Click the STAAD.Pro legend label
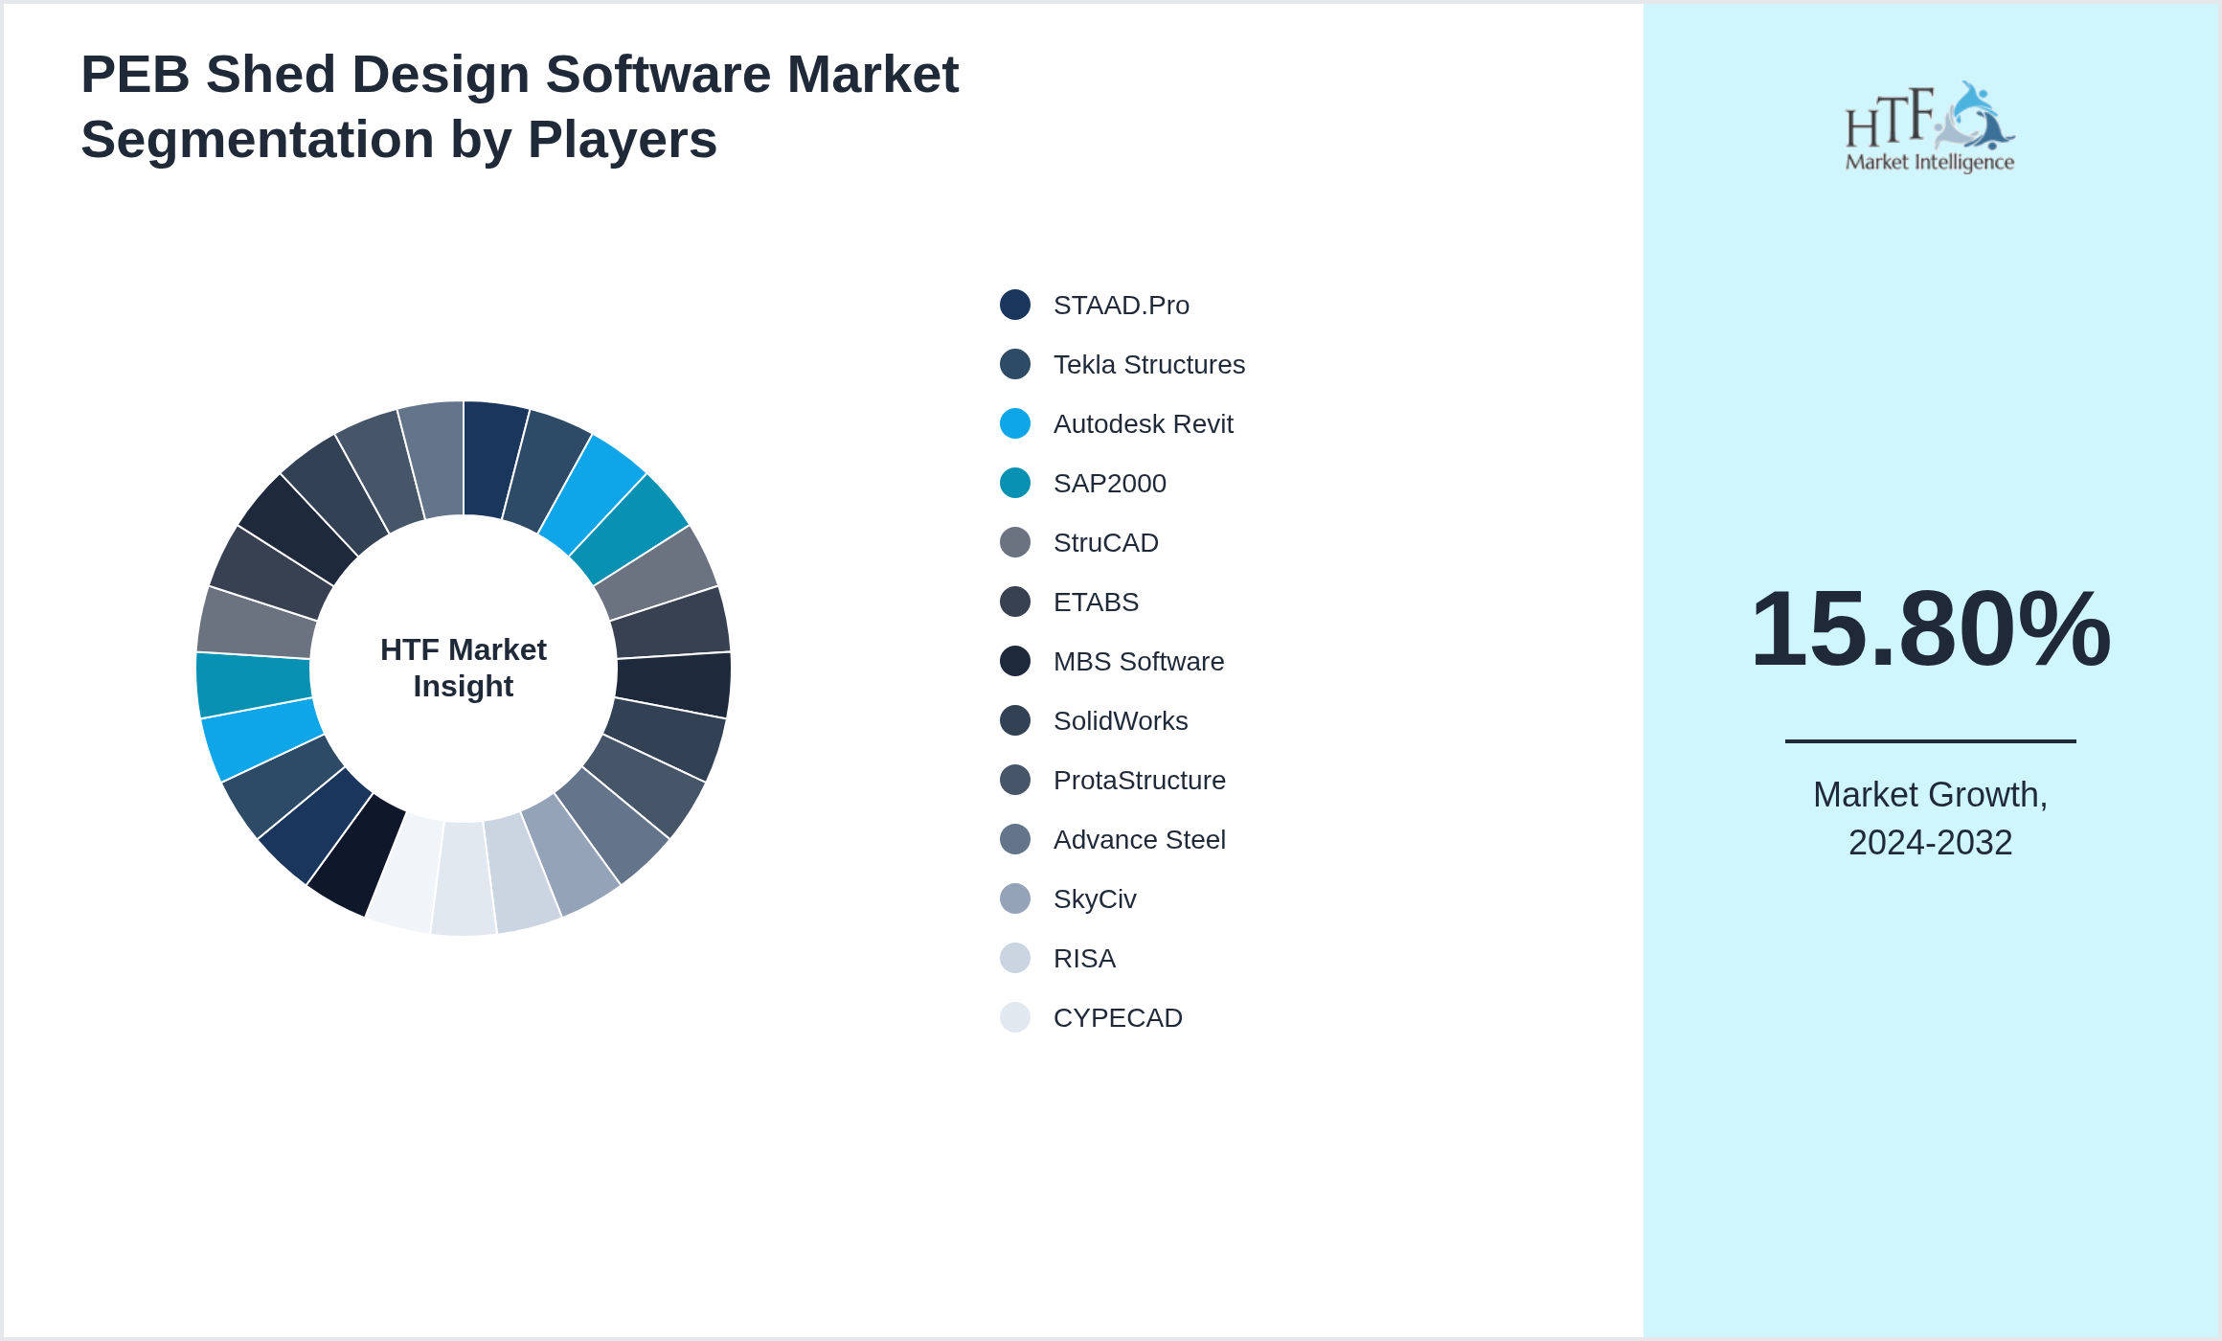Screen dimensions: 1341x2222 (1121, 306)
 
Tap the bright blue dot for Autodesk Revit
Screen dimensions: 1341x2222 (1015, 423)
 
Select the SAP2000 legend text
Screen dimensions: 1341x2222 (1109, 484)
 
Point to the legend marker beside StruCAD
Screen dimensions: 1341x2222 (1015, 542)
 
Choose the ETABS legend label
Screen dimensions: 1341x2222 (1096, 602)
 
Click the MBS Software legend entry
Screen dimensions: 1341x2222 (1138, 662)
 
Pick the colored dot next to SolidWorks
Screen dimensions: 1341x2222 (1015, 720)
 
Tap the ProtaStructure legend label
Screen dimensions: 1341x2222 (1139, 781)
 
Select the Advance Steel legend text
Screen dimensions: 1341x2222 (1139, 840)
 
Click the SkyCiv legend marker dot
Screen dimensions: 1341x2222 (1015, 898)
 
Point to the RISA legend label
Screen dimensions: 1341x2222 (1084, 959)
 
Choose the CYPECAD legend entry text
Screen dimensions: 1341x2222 (1117, 1018)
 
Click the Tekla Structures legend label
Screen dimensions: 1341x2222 (1148, 365)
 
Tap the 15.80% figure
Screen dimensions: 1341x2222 (1930, 629)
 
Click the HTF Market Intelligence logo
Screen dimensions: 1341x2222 (1930, 127)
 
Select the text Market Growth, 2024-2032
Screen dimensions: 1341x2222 (1930, 818)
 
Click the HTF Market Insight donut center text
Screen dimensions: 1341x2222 (464, 668)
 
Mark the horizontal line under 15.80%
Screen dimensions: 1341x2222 (1930, 740)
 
